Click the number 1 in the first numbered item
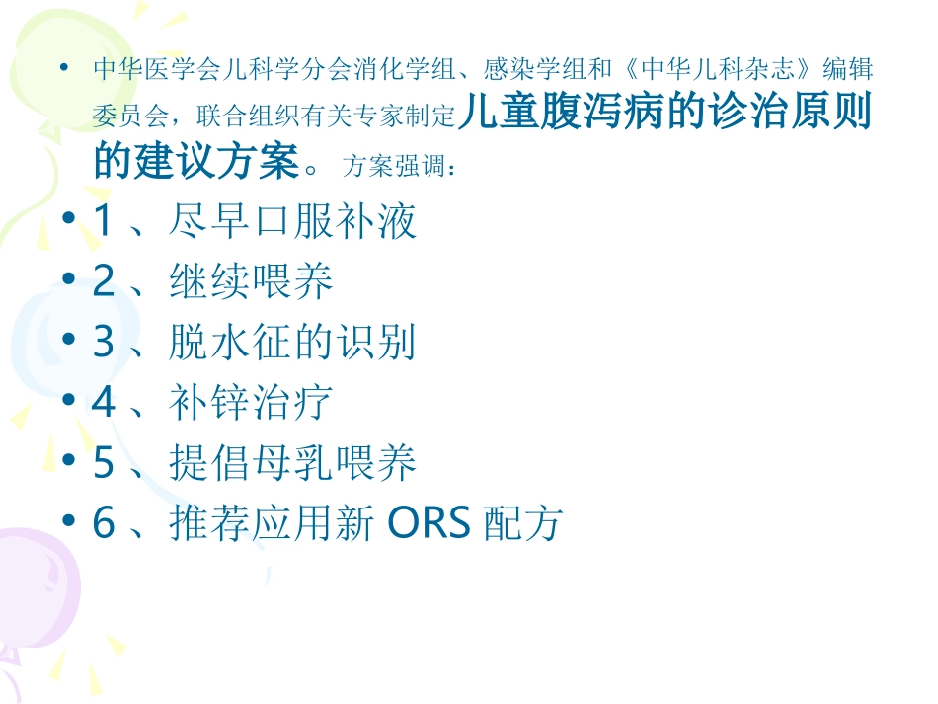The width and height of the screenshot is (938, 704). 103,222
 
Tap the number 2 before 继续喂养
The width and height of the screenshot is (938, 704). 103,282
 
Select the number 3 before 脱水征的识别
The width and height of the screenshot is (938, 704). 103,343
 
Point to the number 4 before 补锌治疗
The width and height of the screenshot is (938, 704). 103,403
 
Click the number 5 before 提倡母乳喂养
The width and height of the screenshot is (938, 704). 103,463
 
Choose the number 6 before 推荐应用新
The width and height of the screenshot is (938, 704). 103,523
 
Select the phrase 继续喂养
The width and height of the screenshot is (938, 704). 252,282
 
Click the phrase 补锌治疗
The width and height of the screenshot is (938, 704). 252,403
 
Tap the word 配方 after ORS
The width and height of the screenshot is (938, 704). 522,524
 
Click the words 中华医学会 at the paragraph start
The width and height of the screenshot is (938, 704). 144,71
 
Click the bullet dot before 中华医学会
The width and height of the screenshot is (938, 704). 65,70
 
